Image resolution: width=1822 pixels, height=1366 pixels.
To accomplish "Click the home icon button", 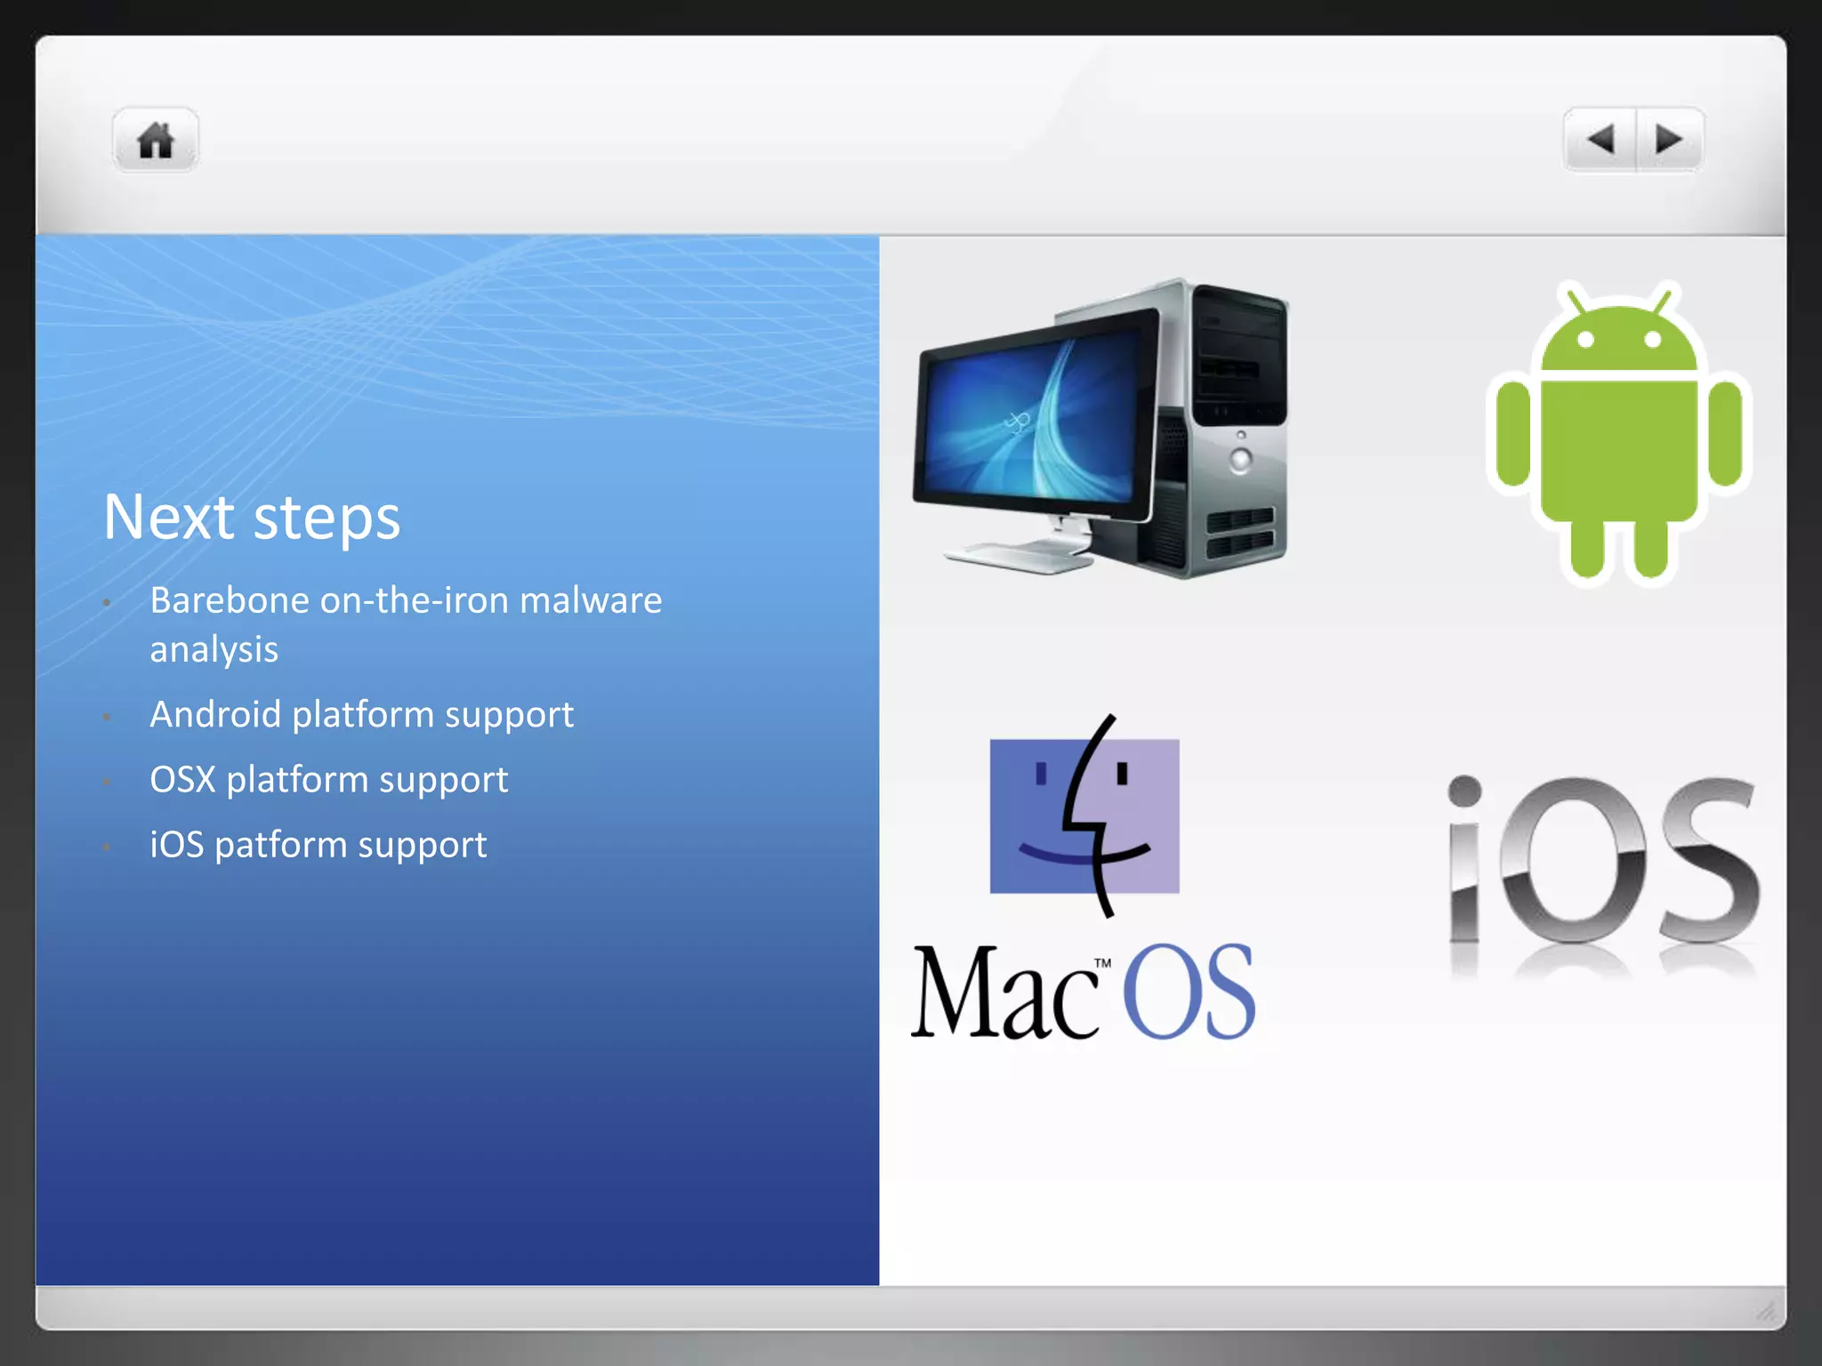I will point(156,141).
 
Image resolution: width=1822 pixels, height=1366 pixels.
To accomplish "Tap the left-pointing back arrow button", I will point(1600,140).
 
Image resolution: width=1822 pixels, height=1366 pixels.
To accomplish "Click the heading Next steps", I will point(252,518).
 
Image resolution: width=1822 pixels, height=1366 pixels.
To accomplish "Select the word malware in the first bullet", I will point(591,601).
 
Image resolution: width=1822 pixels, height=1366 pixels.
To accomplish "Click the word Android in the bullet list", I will point(215,715).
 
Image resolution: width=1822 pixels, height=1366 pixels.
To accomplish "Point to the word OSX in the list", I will point(182,780).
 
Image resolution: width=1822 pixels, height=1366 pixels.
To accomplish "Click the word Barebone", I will point(230,601).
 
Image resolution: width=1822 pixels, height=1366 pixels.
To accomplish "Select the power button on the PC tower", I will point(1240,459).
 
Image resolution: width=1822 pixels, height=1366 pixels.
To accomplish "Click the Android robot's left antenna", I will point(1576,299).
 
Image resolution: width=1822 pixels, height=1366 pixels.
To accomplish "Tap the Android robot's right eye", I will point(1652,339).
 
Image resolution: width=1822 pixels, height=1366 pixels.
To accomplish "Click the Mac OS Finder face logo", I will point(1084,816).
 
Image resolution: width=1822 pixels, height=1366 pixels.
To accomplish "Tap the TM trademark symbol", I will point(1102,962).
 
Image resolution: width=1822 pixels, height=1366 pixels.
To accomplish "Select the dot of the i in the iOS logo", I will point(1464,791).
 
